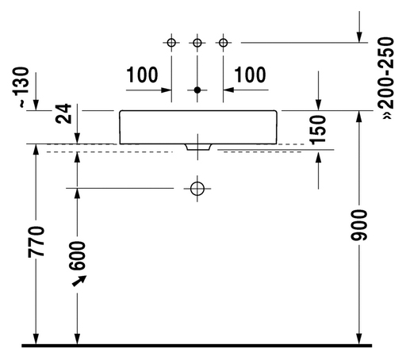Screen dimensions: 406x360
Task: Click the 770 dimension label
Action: (36, 242)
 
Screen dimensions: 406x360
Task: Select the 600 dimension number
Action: (77, 256)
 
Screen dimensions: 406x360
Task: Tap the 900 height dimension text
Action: (358, 225)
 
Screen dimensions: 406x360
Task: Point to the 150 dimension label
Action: (318, 130)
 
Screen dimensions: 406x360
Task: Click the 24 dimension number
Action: (63, 113)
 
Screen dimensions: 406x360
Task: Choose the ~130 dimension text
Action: (21, 87)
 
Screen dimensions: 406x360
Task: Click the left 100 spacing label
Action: (142, 75)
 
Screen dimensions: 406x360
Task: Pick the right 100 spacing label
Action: (250, 75)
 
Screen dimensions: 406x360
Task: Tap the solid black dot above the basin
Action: (197, 90)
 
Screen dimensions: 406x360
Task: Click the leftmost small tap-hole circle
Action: (171, 42)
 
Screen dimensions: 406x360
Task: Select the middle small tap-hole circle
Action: (197, 43)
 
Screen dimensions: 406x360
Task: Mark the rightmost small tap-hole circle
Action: (223, 42)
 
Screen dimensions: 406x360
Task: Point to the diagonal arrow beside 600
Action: (79, 281)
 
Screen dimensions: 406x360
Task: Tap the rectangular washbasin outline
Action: (120, 127)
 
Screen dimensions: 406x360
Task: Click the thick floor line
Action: (197, 346)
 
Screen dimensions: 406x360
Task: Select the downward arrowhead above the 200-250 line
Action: (359, 37)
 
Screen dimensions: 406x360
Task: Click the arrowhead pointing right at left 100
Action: (167, 90)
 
